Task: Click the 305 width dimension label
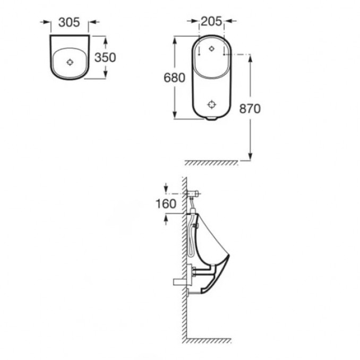coord(69,22)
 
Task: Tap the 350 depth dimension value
coord(105,57)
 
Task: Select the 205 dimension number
coord(211,21)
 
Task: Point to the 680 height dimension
coord(174,78)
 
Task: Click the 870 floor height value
coord(250,109)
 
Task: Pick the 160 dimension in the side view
coord(166,204)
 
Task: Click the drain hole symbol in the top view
coord(70,62)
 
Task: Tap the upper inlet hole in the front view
coord(212,48)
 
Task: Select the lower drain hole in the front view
coord(212,105)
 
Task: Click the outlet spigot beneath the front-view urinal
coord(211,118)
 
